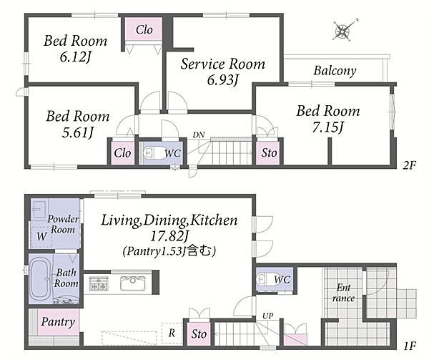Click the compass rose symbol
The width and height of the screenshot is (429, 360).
coord(344,30)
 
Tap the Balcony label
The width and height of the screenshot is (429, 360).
coord(335,71)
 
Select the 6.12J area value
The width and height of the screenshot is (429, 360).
coord(76,57)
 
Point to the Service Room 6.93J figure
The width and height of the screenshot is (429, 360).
coord(223,80)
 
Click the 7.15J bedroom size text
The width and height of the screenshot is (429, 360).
coord(327,127)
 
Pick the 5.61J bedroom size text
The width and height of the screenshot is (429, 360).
coord(78,133)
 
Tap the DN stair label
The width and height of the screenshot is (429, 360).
coord(199,135)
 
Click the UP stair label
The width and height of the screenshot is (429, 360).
coord(268,316)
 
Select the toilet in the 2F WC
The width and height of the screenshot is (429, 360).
coord(150,152)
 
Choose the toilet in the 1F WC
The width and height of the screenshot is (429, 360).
coord(263,279)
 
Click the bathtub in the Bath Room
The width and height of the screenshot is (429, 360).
coord(41,279)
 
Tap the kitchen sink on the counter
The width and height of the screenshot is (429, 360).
coord(133,283)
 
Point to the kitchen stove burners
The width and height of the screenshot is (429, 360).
coord(99,283)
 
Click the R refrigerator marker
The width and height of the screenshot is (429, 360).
coord(172,333)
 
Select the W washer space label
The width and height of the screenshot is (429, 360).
coord(41,236)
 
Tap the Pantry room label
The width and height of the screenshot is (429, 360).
coord(58,322)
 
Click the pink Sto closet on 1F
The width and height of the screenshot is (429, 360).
coord(199,334)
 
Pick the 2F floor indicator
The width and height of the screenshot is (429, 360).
coord(409,165)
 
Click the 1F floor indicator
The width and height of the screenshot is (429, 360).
coord(410,346)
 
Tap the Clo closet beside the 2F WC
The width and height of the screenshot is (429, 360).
coord(122,152)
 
